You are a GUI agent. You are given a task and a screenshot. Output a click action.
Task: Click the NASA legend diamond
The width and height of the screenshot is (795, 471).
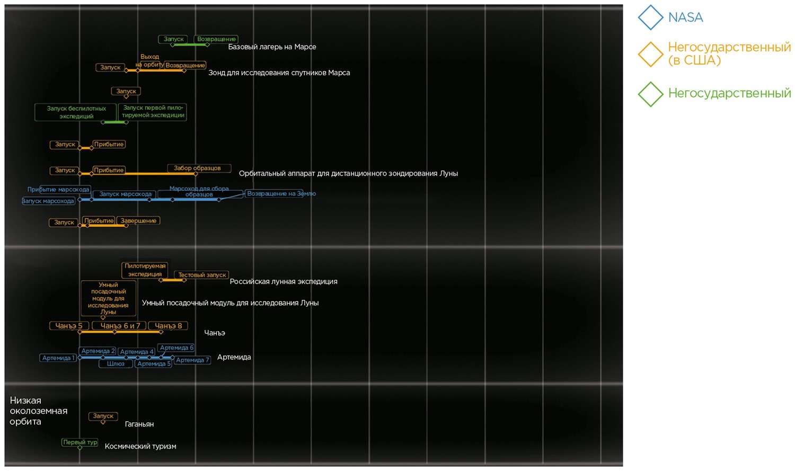(x=650, y=17)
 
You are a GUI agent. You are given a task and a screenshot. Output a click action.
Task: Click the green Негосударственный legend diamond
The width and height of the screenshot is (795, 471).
(x=650, y=94)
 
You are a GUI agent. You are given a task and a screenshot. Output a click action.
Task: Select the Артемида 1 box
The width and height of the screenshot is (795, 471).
(x=58, y=358)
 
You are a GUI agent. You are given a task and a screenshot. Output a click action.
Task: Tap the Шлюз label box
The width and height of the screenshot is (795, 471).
(x=116, y=364)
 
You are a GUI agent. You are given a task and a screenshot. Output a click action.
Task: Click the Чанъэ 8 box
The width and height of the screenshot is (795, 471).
(x=168, y=326)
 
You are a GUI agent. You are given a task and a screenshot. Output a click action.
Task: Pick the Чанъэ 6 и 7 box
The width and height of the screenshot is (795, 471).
(x=120, y=326)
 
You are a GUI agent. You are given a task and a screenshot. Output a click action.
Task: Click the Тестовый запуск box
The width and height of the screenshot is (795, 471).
(x=202, y=275)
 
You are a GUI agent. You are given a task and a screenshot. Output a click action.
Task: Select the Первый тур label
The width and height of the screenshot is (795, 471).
(x=80, y=442)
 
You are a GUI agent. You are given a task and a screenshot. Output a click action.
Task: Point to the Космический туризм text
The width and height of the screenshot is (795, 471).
(x=140, y=447)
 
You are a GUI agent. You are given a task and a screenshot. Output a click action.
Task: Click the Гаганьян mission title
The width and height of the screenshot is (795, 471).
(x=139, y=424)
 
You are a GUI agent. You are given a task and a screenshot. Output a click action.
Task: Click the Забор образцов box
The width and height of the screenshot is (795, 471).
(x=198, y=168)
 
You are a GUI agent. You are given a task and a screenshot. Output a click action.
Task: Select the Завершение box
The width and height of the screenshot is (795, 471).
(x=138, y=221)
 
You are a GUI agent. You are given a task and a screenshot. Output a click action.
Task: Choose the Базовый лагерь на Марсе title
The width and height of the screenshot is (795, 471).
(x=272, y=47)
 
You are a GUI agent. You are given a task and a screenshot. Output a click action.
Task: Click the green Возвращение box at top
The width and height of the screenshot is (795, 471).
(x=216, y=39)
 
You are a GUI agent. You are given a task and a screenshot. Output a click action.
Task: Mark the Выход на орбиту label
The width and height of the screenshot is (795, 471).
(x=149, y=60)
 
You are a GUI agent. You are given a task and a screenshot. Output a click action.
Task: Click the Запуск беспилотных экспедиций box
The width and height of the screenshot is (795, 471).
(x=76, y=112)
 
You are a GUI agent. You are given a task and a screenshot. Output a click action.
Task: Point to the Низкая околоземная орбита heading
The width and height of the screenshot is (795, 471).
(x=38, y=411)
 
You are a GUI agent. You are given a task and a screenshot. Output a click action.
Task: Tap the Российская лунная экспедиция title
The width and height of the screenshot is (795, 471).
(x=284, y=282)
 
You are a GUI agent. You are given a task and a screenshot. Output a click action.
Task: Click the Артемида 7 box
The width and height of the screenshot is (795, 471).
(x=192, y=360)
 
